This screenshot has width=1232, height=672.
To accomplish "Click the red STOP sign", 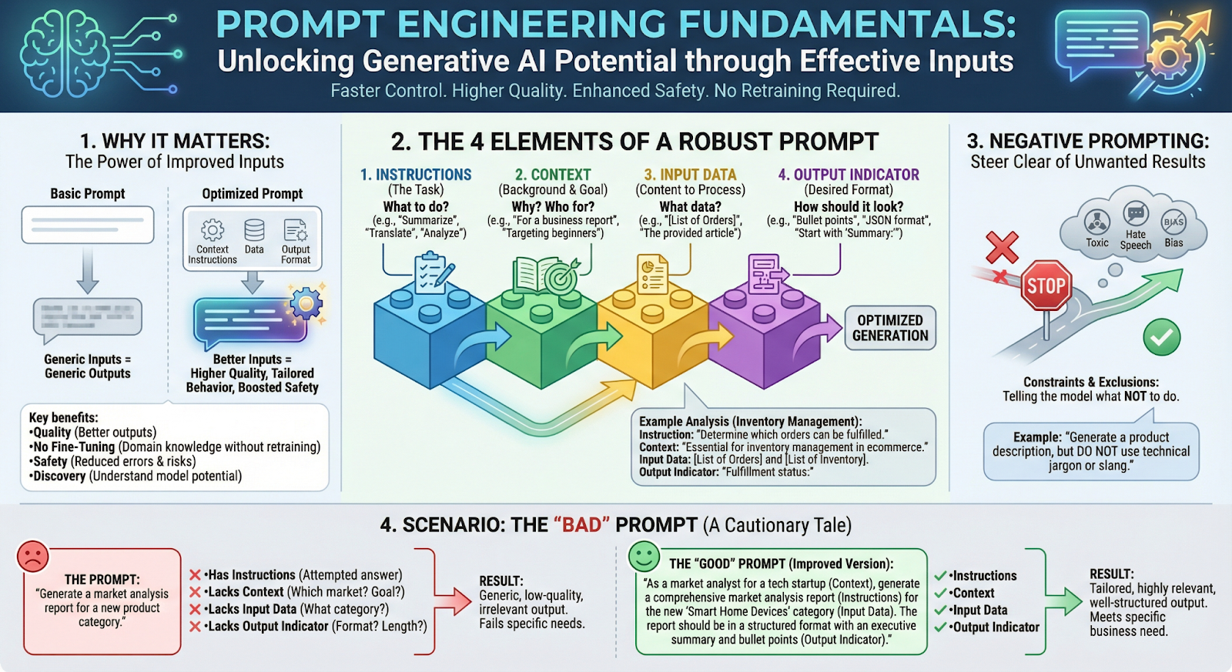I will coord(1046,286).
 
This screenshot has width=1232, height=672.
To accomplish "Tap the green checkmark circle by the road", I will coord(1161,337).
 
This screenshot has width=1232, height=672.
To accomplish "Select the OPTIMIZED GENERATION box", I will coord(890,328).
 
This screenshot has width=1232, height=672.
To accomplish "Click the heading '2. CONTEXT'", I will coord(553,175).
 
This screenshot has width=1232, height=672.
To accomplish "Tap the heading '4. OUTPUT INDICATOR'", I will coord(849,175).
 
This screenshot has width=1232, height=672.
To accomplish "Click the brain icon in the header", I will coord(65,55).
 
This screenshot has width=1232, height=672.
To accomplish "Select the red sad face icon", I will coord(32,556).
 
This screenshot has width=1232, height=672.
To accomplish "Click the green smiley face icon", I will coord(644,556).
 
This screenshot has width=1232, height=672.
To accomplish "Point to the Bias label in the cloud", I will coord(1173,242).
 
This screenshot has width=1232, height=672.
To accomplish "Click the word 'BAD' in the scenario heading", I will coord(581,525).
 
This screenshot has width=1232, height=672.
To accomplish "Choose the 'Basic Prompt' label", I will coord(88,194).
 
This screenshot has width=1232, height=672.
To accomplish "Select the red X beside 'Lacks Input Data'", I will coord(196,610).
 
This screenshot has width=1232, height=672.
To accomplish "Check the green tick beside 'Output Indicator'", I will coord(940,627).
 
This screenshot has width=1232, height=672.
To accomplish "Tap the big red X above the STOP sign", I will coord(1002,248).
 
